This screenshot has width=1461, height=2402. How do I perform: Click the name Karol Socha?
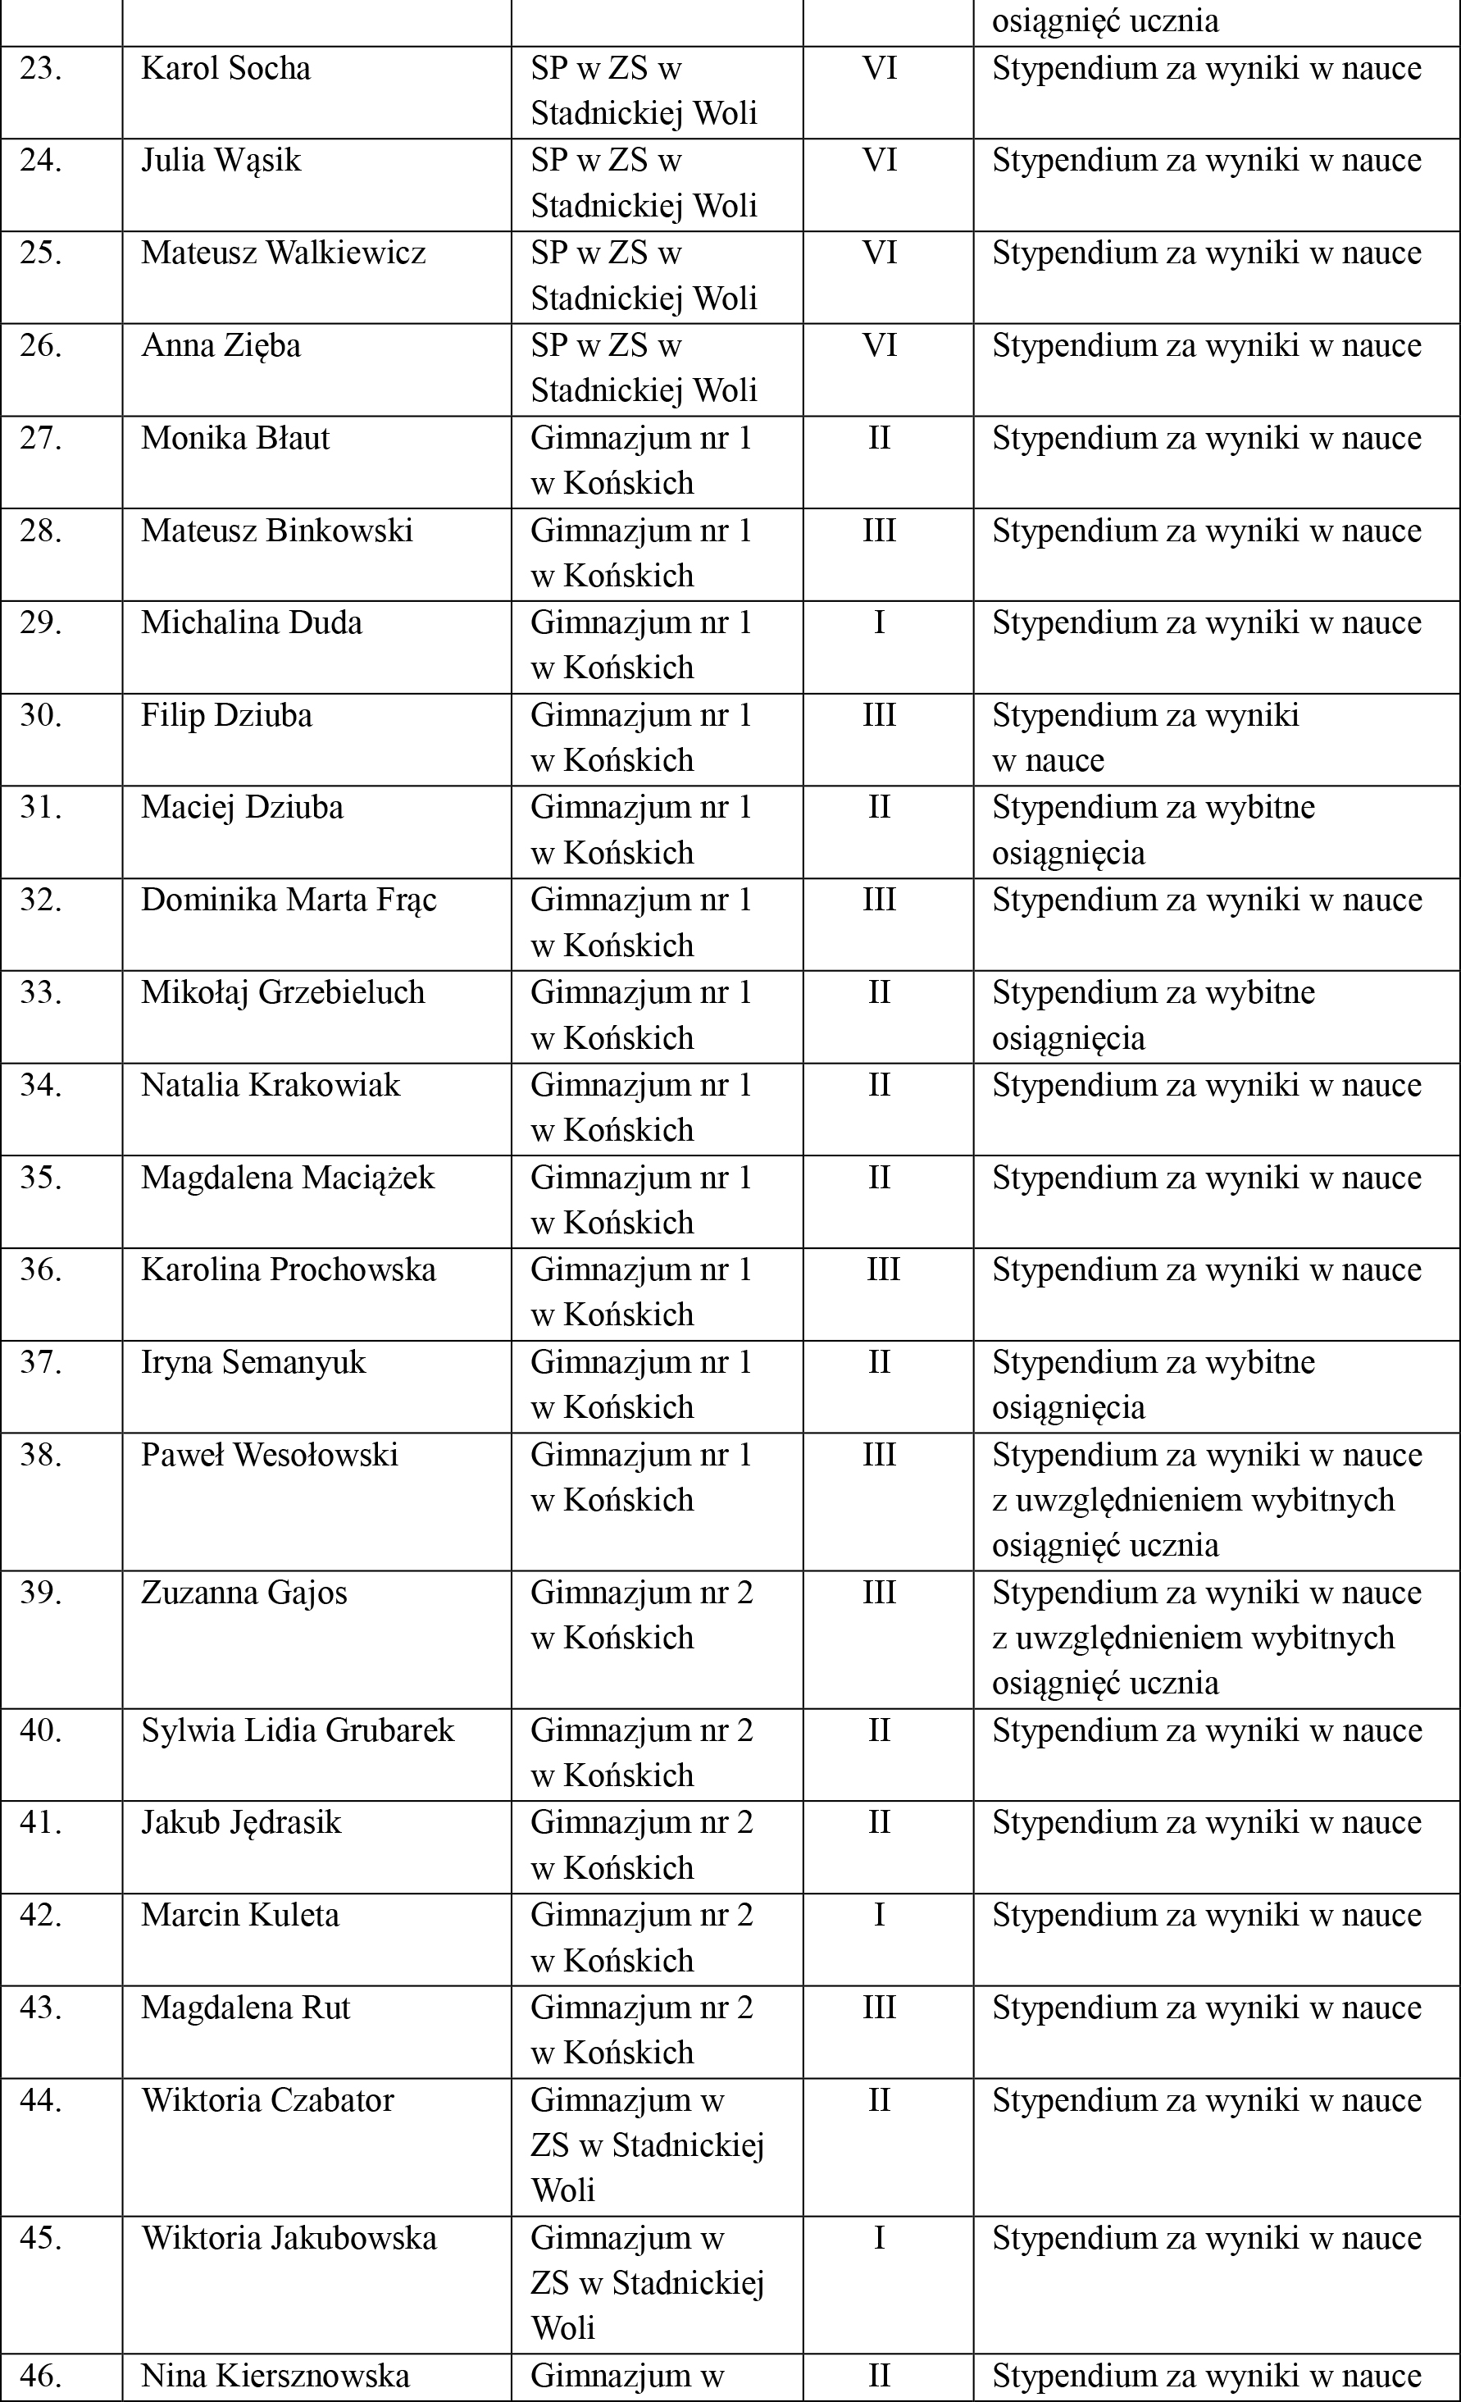point(226,69)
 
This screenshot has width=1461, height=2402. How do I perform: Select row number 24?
point(41,161)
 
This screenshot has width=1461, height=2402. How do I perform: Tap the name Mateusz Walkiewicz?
point(284,253)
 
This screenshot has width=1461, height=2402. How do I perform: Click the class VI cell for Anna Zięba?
point(879,346)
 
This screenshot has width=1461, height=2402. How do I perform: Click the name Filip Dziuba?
point(226,716)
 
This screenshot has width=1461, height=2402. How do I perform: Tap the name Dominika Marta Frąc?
point(289,900)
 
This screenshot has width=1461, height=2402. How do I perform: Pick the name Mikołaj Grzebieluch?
point(283,992)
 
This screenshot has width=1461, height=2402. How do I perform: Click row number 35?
point(41,1178)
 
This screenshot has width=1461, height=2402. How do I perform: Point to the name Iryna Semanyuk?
point(253,1362)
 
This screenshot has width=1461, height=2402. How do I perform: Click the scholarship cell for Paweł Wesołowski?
point(1207,1499)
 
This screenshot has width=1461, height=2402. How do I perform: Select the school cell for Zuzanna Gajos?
point(641,1615)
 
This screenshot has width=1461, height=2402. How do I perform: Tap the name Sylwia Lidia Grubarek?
point(298,1730)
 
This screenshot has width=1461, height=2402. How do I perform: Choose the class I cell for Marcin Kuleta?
point(879,1915)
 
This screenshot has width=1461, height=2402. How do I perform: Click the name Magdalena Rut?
point(246,2008)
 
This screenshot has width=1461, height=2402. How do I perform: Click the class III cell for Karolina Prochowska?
point(883,1269)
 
